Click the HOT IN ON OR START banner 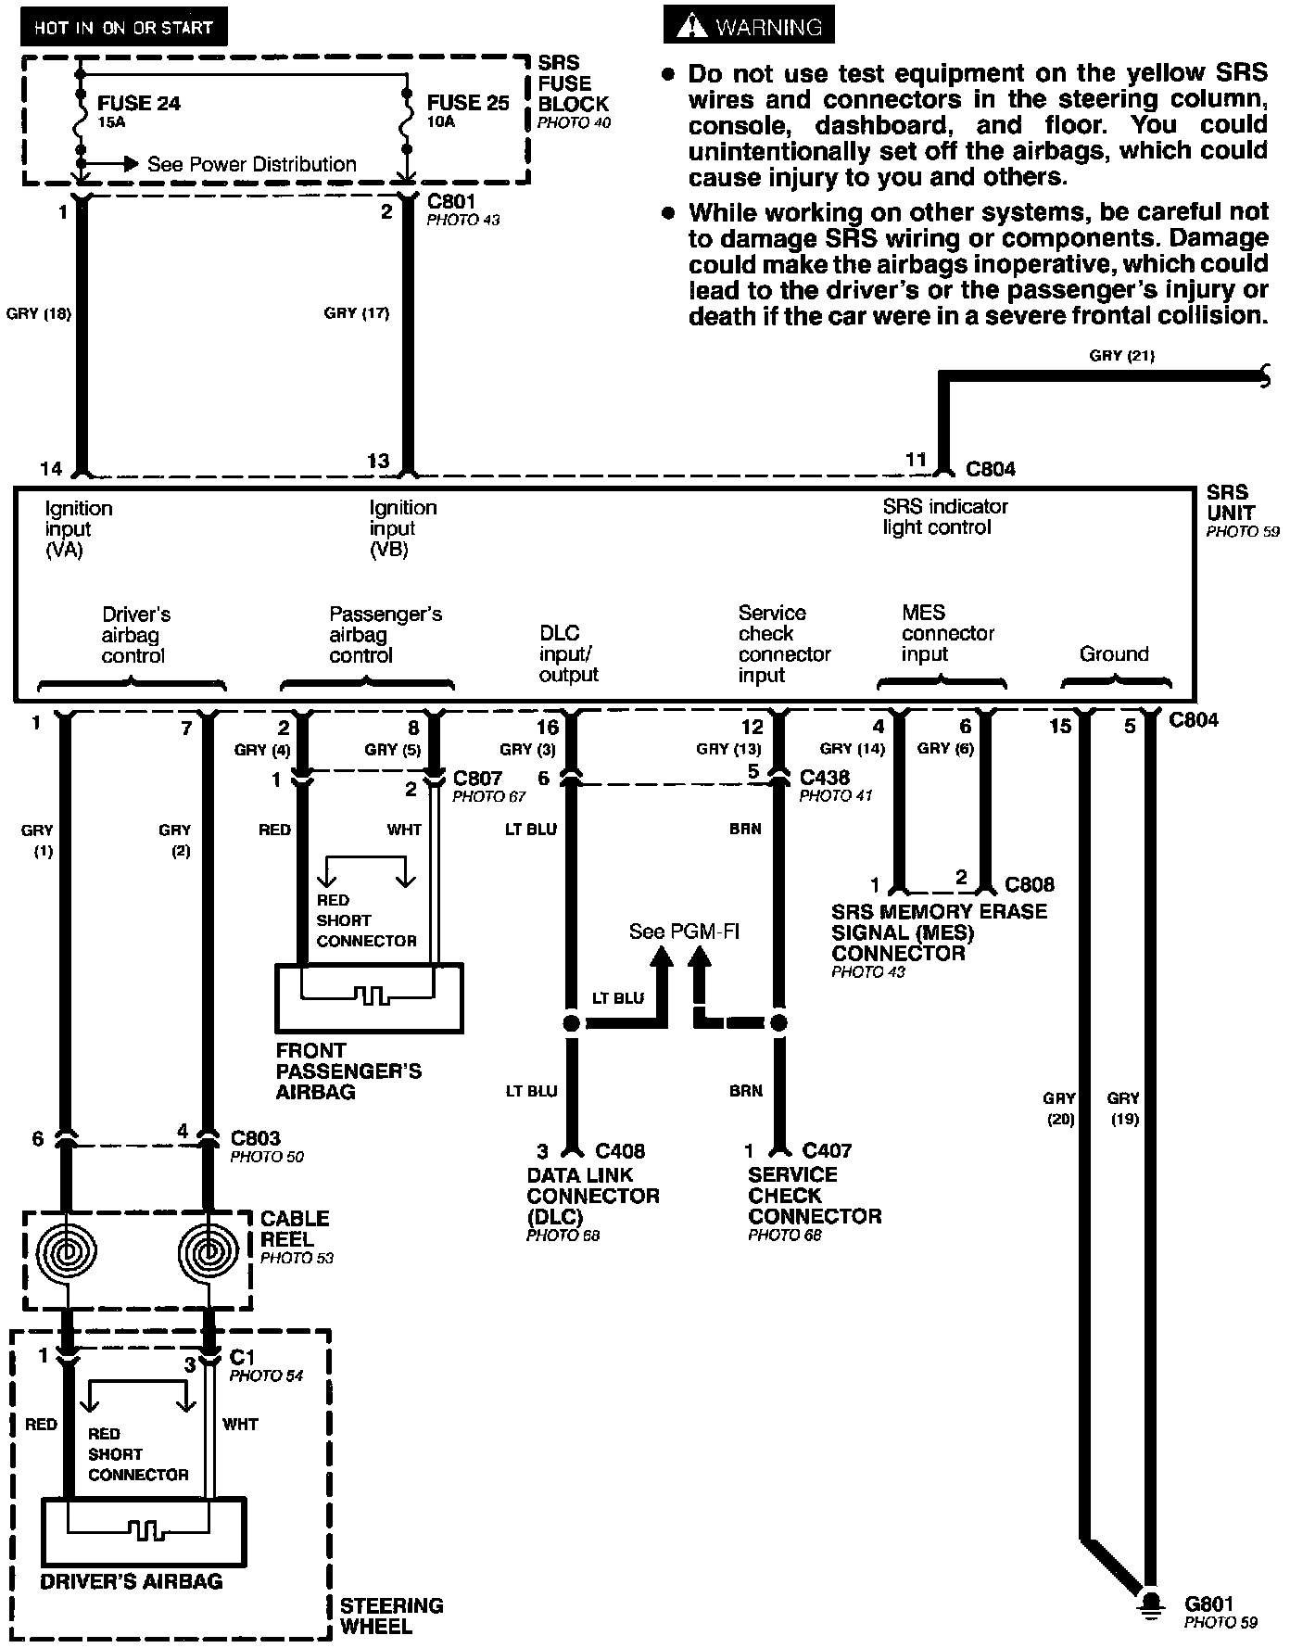123,28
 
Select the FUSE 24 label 139,103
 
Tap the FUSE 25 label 468,103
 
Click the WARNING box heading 749,27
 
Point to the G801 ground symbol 1150,1604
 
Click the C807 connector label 477,778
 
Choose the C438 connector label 824,777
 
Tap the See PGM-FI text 684,932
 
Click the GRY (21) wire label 1121,355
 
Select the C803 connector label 255,1138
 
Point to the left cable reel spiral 65,1255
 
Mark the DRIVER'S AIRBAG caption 132,1581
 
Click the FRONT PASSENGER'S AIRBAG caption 348,1071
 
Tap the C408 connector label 620,1151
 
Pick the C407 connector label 827,1151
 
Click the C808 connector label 1030,884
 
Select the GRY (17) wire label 357,313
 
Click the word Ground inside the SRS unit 1114,654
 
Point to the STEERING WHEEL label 391,1616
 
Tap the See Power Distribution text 251,164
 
